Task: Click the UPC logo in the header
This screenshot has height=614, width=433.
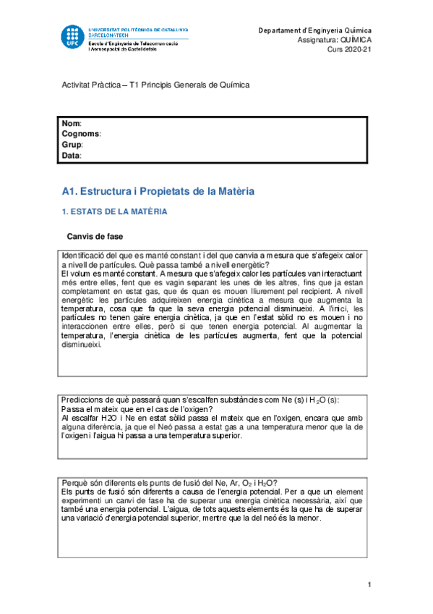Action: [x=72, y=37]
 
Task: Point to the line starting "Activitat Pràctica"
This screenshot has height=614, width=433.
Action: [x=155, y=85]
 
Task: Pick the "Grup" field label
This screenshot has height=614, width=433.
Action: [x=72, y=145]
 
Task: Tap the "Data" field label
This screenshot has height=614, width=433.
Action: [x=71, y=155]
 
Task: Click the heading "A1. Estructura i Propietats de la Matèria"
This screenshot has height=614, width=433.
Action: [x=158, y=191]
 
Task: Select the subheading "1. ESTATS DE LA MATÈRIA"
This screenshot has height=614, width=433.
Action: [x=114, y=211]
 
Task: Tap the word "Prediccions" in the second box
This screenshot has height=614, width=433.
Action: [x=84, y=400]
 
